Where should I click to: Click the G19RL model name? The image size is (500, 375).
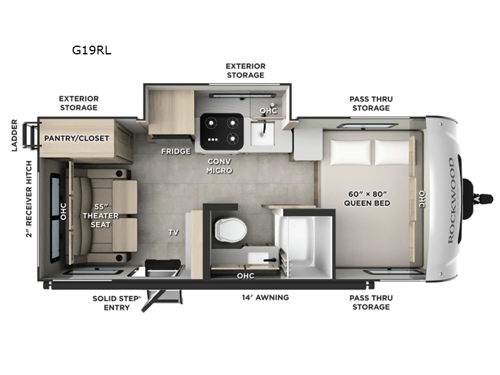(x=96, y=44)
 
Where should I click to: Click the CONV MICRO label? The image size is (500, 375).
(x=220, y=165)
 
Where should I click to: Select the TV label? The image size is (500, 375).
(x=173, y=232)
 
